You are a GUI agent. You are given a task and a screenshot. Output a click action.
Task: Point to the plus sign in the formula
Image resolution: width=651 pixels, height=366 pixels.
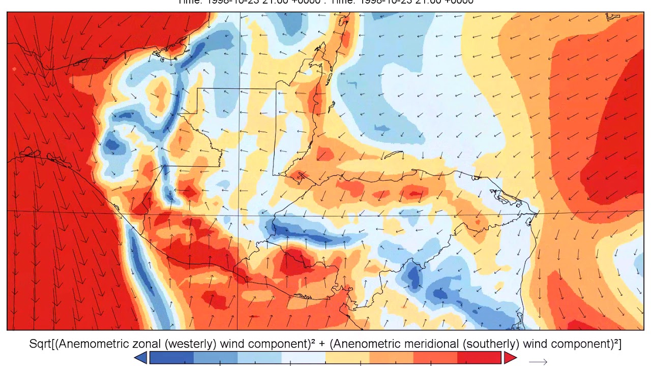pos(322,344)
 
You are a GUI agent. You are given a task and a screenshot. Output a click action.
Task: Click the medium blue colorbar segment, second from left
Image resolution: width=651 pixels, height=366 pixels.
pos(215,358)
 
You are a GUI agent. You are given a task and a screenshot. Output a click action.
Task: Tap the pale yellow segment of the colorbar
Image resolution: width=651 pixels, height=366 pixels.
pos(347,358)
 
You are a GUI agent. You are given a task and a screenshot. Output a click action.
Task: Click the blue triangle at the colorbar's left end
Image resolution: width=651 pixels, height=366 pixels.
pos(141,358)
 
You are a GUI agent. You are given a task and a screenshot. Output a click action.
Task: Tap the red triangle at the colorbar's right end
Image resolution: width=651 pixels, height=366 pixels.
pos(510,358)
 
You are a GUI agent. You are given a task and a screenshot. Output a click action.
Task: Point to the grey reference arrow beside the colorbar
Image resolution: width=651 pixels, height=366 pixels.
pos(538,362)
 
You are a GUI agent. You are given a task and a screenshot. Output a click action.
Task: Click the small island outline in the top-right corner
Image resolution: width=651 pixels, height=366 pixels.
pos(613,17)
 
